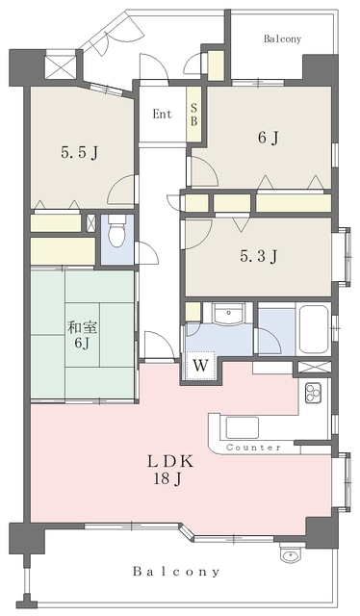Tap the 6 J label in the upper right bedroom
(x=268, y=138)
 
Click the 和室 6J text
(x=81, y=335)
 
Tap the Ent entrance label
(x=163, y=114)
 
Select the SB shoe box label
(x=194, y=115)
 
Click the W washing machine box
(x=200, y=366)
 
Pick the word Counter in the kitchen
(x=253, y=448)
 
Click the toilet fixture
(x=116, y=233)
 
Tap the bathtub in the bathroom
(x=315, y=329)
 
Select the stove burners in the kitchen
(x=315, y=393)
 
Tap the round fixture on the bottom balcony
(x=286, y=555)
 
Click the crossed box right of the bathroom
(x=315, y=367)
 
